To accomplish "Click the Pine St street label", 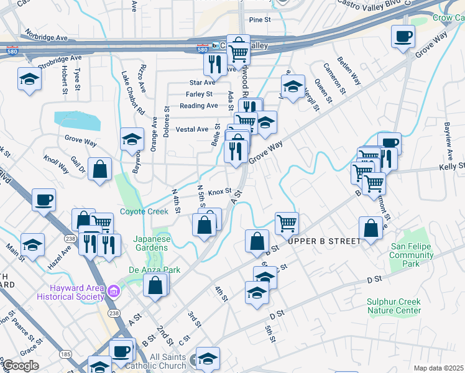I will coord(260,20).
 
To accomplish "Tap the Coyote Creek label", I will coord(144,211).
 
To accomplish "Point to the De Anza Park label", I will coord(149,270).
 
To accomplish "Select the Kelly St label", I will coord(451,167).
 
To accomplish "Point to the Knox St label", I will coord(219,191).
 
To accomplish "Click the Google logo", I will coord(21,366).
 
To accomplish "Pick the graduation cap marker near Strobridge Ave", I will coord(29,79).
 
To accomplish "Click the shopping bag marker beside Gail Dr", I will coord(99,168).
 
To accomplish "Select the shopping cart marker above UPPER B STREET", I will coord(287,223).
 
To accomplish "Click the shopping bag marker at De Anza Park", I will coord(155,285).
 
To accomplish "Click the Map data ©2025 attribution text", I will coord(438,368).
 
